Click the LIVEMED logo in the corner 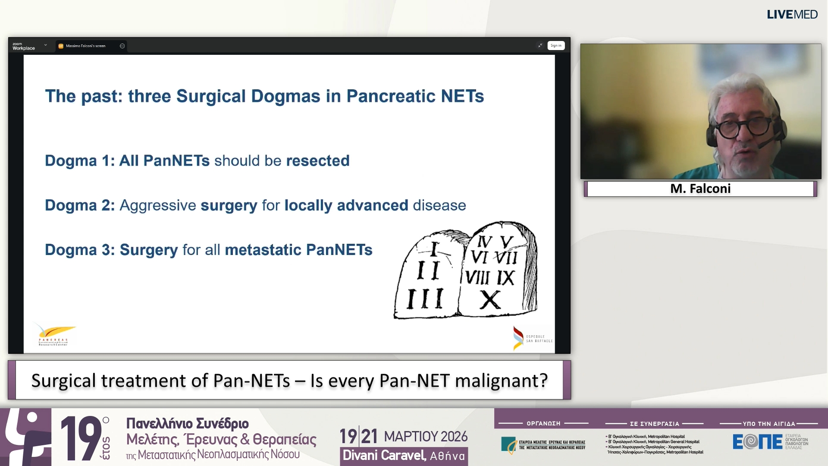pyautogui.click(x=792, y=15)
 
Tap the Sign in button pyautogui.click(x=556, y=46)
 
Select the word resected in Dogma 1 pyautogui.click(x=318, y=161)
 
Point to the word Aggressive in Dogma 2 pyautogui.click(x=158, y=205)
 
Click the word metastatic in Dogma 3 pyautogui.click(x=263, y=250)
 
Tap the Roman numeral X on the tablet pyautogui.click(x=490, y=300)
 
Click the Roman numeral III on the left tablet pyautogui.click(x=425, y=299)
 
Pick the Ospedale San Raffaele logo pyautogui.click(x=533, y=338)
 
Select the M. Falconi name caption pyautogui.click(x=700, y=189)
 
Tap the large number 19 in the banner pyautogui.click(x=81, y=438)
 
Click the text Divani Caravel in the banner pyautogui.click(x=384, y=456)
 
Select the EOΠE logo pyautogui.click(x=757, y=441)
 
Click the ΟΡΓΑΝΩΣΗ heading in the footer pyautogui.click(x=543, y=424)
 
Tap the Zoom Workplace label pyautogui.click(x=23, y=46)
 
